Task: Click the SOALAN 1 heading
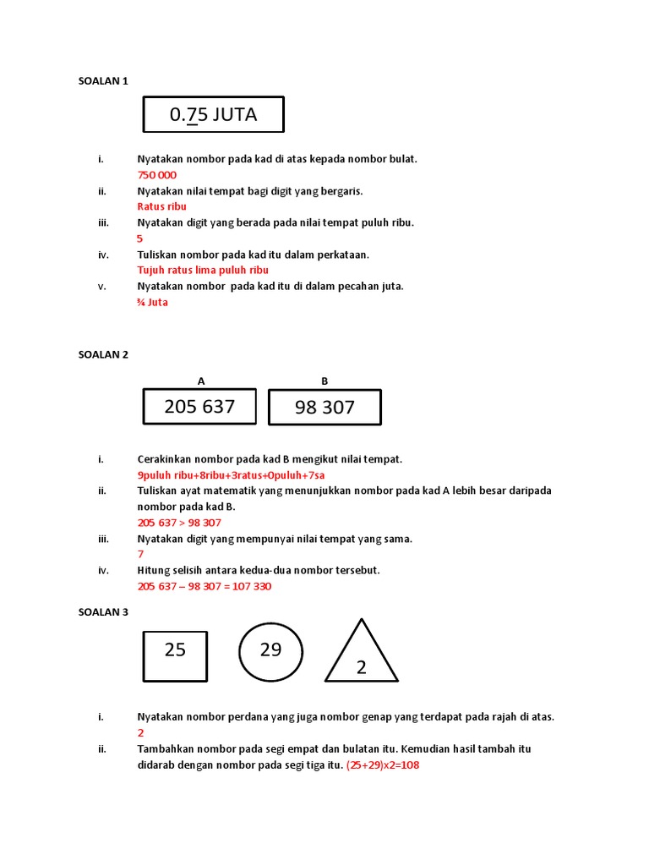[x=103, y=81]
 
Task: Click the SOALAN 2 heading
[x=103, y=355]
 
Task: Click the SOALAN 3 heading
[x=103, y=611]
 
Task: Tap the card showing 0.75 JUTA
[x=213, y=115]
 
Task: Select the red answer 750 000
[x=157, y=175]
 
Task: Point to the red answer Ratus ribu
[x=161, y=206]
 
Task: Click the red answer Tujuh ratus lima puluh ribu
[x=203, y=270]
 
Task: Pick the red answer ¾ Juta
[x=152, y=302]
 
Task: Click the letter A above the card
[x=201, y=381]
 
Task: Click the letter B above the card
[x=324, y=381]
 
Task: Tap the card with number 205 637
[x=200, y=407]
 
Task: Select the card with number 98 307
[x=324, y=408]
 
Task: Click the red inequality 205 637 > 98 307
[x=179, y=523]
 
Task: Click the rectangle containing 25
[x=175, y=655]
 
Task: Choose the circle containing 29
[x=270, y=653]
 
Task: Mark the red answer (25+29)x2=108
[x=383, y=765]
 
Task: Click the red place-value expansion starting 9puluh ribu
[x=231, y=475]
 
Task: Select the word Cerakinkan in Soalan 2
[x=165, y=459]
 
